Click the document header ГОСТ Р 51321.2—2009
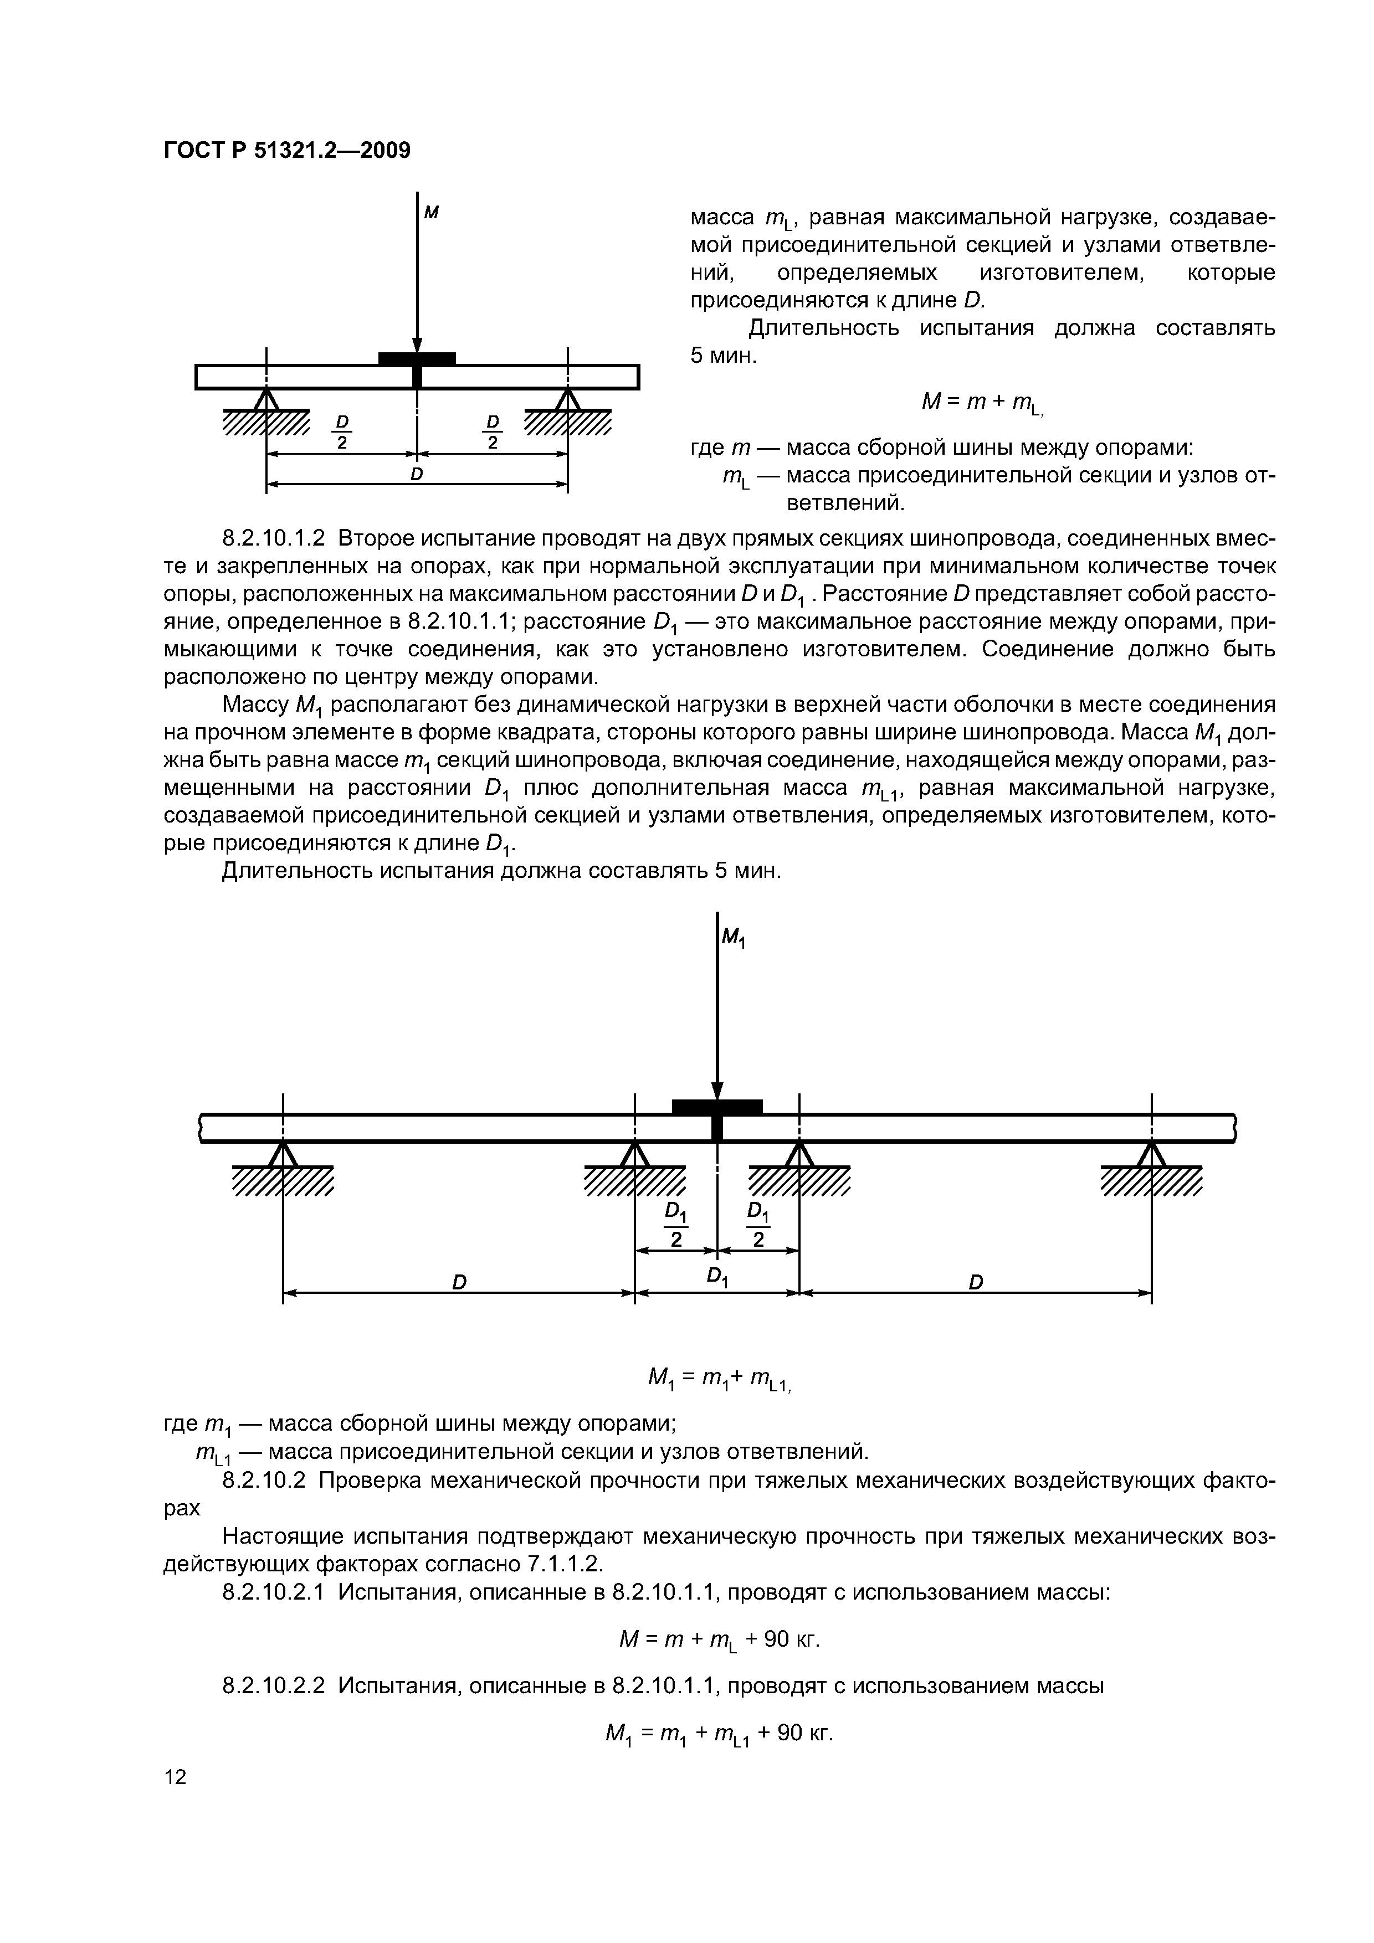click(x=286, y=151)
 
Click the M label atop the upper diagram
click(x=431, y=213)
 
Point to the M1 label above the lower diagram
click(x=733, y=937)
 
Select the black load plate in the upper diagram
click(x=417, y=358)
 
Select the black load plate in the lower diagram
click(x=717, y=1105)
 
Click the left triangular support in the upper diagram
click(x=266, y=399)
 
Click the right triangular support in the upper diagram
click(x=567, y=399)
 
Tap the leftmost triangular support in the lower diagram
click(x=283, y=1153)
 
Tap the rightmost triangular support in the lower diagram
click(x=1151, y=1153)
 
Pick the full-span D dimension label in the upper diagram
click(x=417, y=475)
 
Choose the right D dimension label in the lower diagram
click(x=975, y=1282)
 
